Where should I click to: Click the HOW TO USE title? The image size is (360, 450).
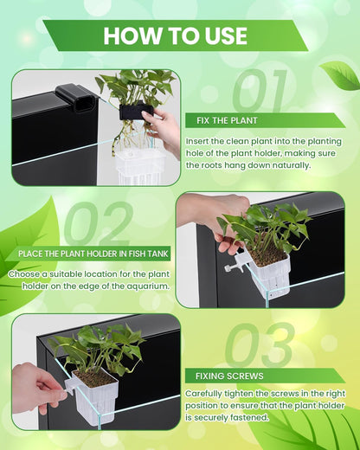(175, 35)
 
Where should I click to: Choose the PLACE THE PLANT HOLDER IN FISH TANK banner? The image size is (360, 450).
(93, 253)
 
